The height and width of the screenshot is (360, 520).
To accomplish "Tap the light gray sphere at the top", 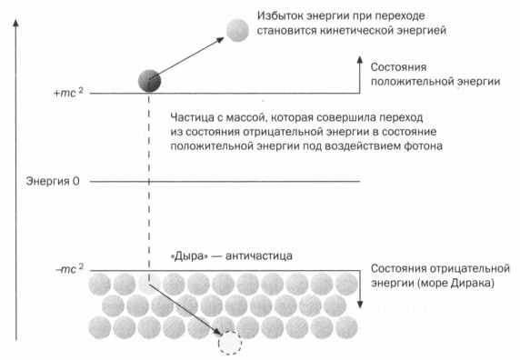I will pos(238,29).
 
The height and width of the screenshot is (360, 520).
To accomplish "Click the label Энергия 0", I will pos(55,183).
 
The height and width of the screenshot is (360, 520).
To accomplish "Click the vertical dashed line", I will pos(147,182).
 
